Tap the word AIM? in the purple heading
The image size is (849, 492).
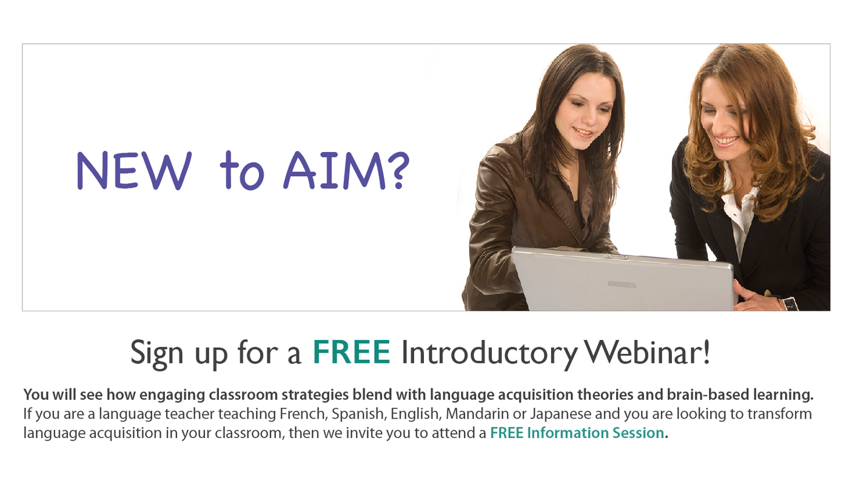click(346, 170)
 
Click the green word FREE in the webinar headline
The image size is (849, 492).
click(351, 352)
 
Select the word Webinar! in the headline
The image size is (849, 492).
click(646, 352)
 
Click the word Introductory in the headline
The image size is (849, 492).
click(489, 354)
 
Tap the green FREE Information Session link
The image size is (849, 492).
click(577, 433)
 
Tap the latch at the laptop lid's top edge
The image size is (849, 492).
click(616, 257)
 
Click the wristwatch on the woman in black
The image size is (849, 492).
click(789, 302)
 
